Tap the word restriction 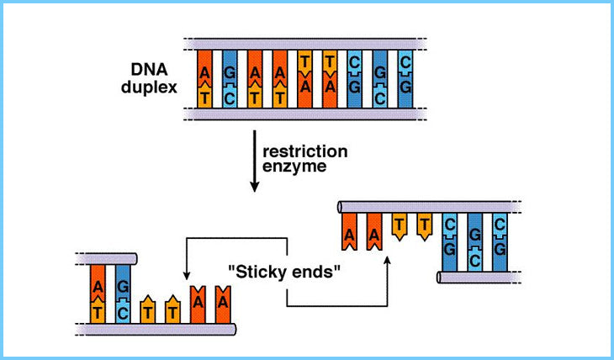304,152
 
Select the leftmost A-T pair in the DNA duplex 205,79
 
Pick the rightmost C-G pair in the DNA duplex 405,79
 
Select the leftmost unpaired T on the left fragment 148,309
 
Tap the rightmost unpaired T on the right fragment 426,225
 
